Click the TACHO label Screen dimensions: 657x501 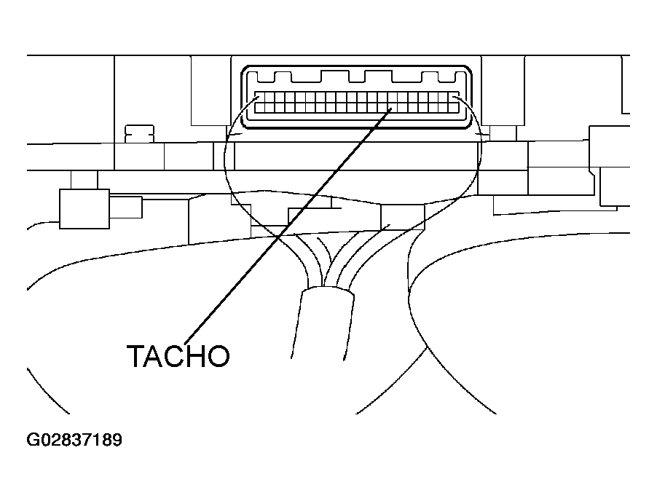(178, 356)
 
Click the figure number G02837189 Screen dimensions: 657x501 (74, 440)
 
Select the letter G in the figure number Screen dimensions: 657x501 (32, 440)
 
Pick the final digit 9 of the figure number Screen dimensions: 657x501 (117, 440)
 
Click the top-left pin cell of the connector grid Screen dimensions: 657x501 (260, 97)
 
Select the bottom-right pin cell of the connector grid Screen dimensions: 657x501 (455, 108)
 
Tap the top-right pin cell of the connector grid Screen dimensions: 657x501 (455, 97)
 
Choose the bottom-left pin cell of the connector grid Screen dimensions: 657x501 (260, 108)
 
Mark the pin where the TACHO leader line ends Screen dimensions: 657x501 (392, 108)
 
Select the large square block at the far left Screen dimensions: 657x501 (84, 208)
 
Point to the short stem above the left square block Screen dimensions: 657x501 (84, 180)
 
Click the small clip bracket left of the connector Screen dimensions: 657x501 (140, 134)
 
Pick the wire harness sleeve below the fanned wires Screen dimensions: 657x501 (323, 323)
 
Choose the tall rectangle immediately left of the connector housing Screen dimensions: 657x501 (211, 90)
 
